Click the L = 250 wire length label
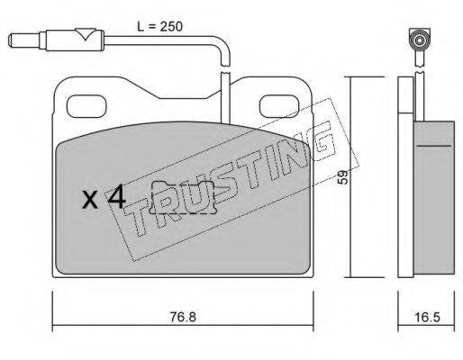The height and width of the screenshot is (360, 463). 159,27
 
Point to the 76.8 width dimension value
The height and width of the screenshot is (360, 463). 183,317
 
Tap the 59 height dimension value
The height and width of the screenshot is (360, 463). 342,177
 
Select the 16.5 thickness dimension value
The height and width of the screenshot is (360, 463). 427,317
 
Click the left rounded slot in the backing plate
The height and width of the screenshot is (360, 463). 86,106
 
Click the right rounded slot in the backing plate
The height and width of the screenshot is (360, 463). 279,106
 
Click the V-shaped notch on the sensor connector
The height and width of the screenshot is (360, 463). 86,34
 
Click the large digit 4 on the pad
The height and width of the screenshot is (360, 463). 117,196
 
